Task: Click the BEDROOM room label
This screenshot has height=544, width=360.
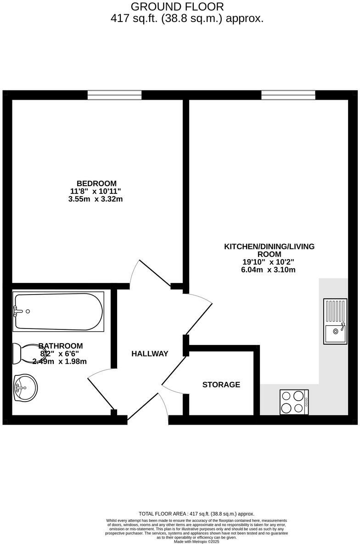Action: (x=96, y=183)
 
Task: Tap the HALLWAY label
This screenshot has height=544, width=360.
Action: (x=150, y=354)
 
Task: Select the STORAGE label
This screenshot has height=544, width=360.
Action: (x=221, y=385)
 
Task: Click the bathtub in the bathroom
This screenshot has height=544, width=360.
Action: (x=58, y=311)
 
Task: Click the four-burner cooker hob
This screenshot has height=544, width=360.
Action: (x=294, y=402)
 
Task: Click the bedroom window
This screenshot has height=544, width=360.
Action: (x=115, y=95)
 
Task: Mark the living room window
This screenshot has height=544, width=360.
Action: (x=288, y=95)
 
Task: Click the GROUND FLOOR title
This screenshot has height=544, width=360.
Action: (x=178, y=7)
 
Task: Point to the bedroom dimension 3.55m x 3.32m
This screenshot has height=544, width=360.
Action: (x=95, y=199)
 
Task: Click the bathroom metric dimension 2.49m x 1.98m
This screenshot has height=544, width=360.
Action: (x=60, y=362)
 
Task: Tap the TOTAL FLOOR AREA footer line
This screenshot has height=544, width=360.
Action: (x=197, y=514)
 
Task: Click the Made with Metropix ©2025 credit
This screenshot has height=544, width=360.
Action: (x=197, y=542)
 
